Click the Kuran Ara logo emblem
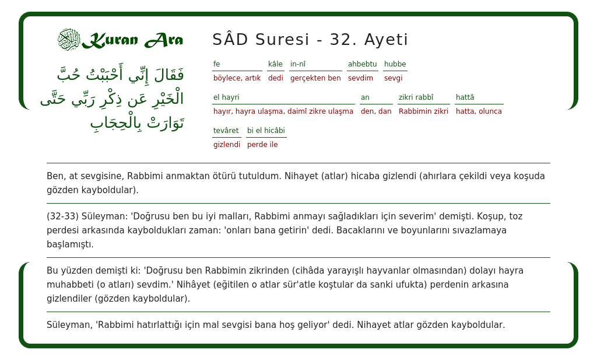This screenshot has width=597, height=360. (x=69, y=39)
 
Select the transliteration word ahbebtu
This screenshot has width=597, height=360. (x=363, y=64)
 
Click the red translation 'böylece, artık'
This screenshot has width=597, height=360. (x=237, y=78)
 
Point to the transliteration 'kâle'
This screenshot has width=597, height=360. (x=275, y=64)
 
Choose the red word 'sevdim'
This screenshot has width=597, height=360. (x=360, y=78)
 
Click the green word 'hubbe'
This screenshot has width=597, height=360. (x=395, y=64)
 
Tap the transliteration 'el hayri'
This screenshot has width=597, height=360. (x=226, y=97)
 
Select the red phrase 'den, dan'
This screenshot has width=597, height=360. (x=376, y=111)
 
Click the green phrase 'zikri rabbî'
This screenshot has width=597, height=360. (x=416, y=97)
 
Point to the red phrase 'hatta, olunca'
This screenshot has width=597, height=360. (x=479, y=111)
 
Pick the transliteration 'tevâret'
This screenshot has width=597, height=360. (x=226, y=130)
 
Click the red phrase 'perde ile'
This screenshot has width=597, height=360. (x=262, y=144)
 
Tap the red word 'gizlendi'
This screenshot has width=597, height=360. (x=227, y=145)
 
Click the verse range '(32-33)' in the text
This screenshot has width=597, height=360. (x=62, y=216)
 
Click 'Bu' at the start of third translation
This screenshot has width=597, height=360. (x=52, y=271)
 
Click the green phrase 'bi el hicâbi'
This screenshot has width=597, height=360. (x=266, y=130)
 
